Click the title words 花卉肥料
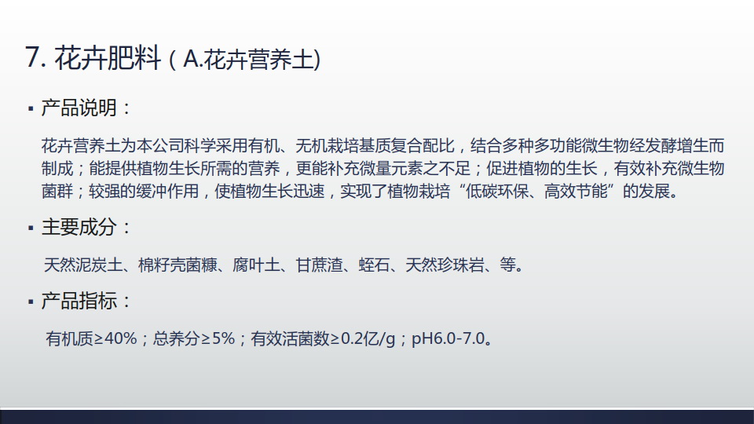pyautogui.click(x=108, y=57)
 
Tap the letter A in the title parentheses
pyautogui.click(x=191, y=59)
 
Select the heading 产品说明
pyautogui.click(x=79, y=108)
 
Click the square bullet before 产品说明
pyautogui.click(x=31, y=109)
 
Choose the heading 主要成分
pyautogui.click(x=79, y=227)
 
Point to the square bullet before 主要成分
pyautogui.click(x=31, y=228)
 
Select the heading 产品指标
pyautogui.click(x=79, y=301)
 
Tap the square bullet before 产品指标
pyautogui.click(x=31, y=302)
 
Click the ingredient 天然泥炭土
pyautogui.click(x=83, y=265)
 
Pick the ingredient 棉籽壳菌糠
pyautogui.click(x=178, y=265)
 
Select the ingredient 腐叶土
pyautogui.click(x=256, y=265)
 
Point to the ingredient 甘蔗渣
pyautogui.click(x=320, y=265)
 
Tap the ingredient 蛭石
pyautogui.click(x=374, y=265)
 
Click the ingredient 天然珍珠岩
pyautogui.click(x=445, y=265)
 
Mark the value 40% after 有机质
pyautogui.click(x=121, y=339)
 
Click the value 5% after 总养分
pyautogui.click(x=223, y=339)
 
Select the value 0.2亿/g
pyautogui.click(x=368, y=339)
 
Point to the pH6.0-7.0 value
pyautogui.click(x=448, y=339)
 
